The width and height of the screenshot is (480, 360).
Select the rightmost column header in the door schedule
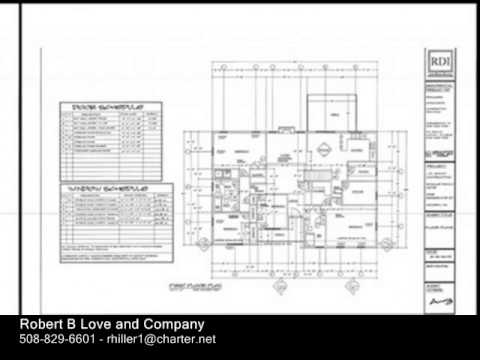153,114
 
